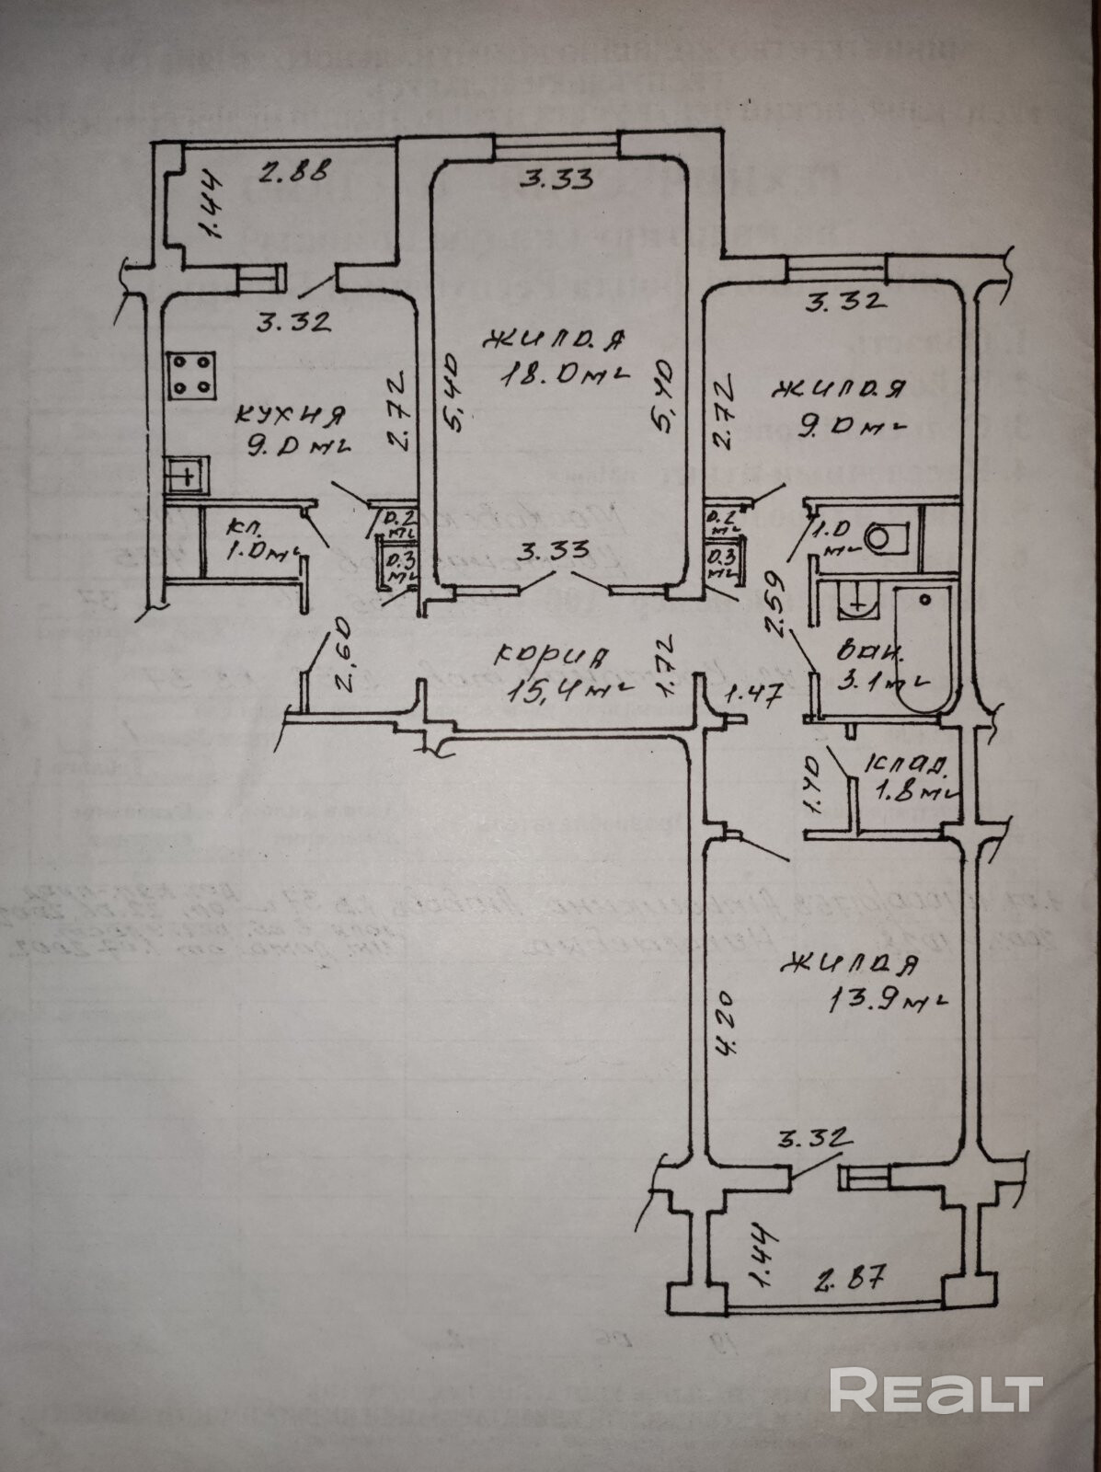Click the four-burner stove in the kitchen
[192, 375]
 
